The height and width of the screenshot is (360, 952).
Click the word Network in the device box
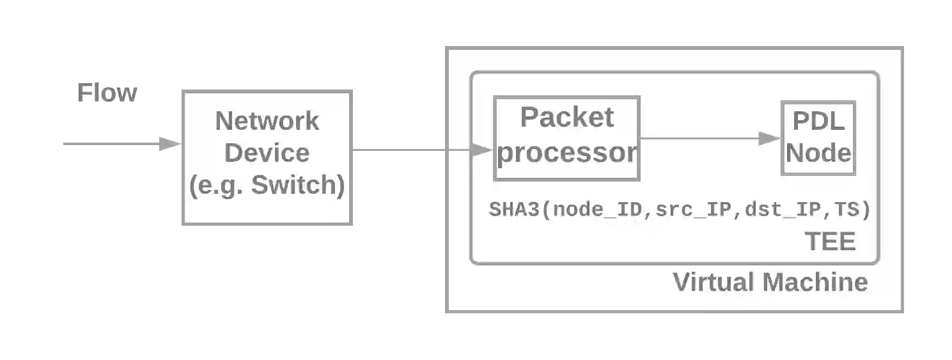[x=267, y=121]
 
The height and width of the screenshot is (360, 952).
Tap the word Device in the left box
[x=267, y=153]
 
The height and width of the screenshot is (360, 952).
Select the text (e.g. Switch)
[x=267, y=185]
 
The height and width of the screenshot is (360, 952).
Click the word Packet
[x=566, y=117]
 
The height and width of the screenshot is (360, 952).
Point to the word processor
[x=566, y=153]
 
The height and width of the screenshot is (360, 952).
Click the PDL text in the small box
[x=818, y=121]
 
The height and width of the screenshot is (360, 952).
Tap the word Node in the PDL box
[x=818, y=153]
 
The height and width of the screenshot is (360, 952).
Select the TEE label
[x=830, y=242]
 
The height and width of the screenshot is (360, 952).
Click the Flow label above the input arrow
[x=107, y=93]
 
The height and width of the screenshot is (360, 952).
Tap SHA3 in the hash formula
[x=514, y=210]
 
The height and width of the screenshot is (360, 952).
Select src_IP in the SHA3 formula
[x=692, y=210]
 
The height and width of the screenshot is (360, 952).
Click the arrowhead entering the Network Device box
[x=169, y=143]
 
